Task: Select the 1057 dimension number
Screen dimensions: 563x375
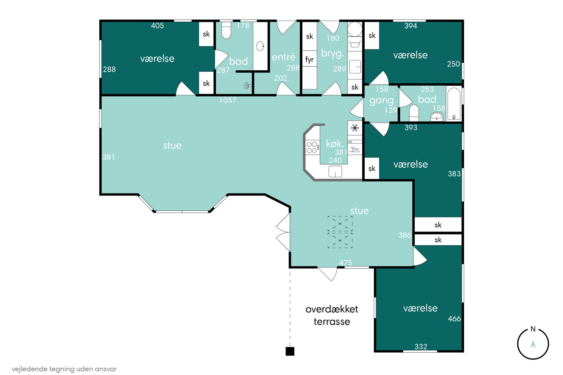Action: coord(228,100)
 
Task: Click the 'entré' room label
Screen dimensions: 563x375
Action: coord(283,57)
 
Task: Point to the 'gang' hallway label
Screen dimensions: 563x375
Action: coord(381,101)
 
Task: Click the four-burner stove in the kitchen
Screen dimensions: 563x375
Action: coord(312,147)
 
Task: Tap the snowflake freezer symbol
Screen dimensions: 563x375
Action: coord(355,128)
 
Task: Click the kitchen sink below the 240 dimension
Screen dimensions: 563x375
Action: coord(335,171)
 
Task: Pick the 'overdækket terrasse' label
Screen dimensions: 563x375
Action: coord(332,315)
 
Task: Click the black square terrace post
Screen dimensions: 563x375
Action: coord(290,351)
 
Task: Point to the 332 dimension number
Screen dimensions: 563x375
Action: coord(421,346)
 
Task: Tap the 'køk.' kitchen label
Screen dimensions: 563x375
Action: coord(335,144)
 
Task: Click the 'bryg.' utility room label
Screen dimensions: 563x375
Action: coord(333,54)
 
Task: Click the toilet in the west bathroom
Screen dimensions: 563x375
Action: coord(226,30)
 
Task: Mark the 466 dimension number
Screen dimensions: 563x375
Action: coord(454,319)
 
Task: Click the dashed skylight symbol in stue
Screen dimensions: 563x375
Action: coord(340,232)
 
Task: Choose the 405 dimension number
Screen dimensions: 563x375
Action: coord(157,26)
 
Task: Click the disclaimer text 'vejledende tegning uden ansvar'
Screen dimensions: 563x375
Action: coord(64,369)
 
